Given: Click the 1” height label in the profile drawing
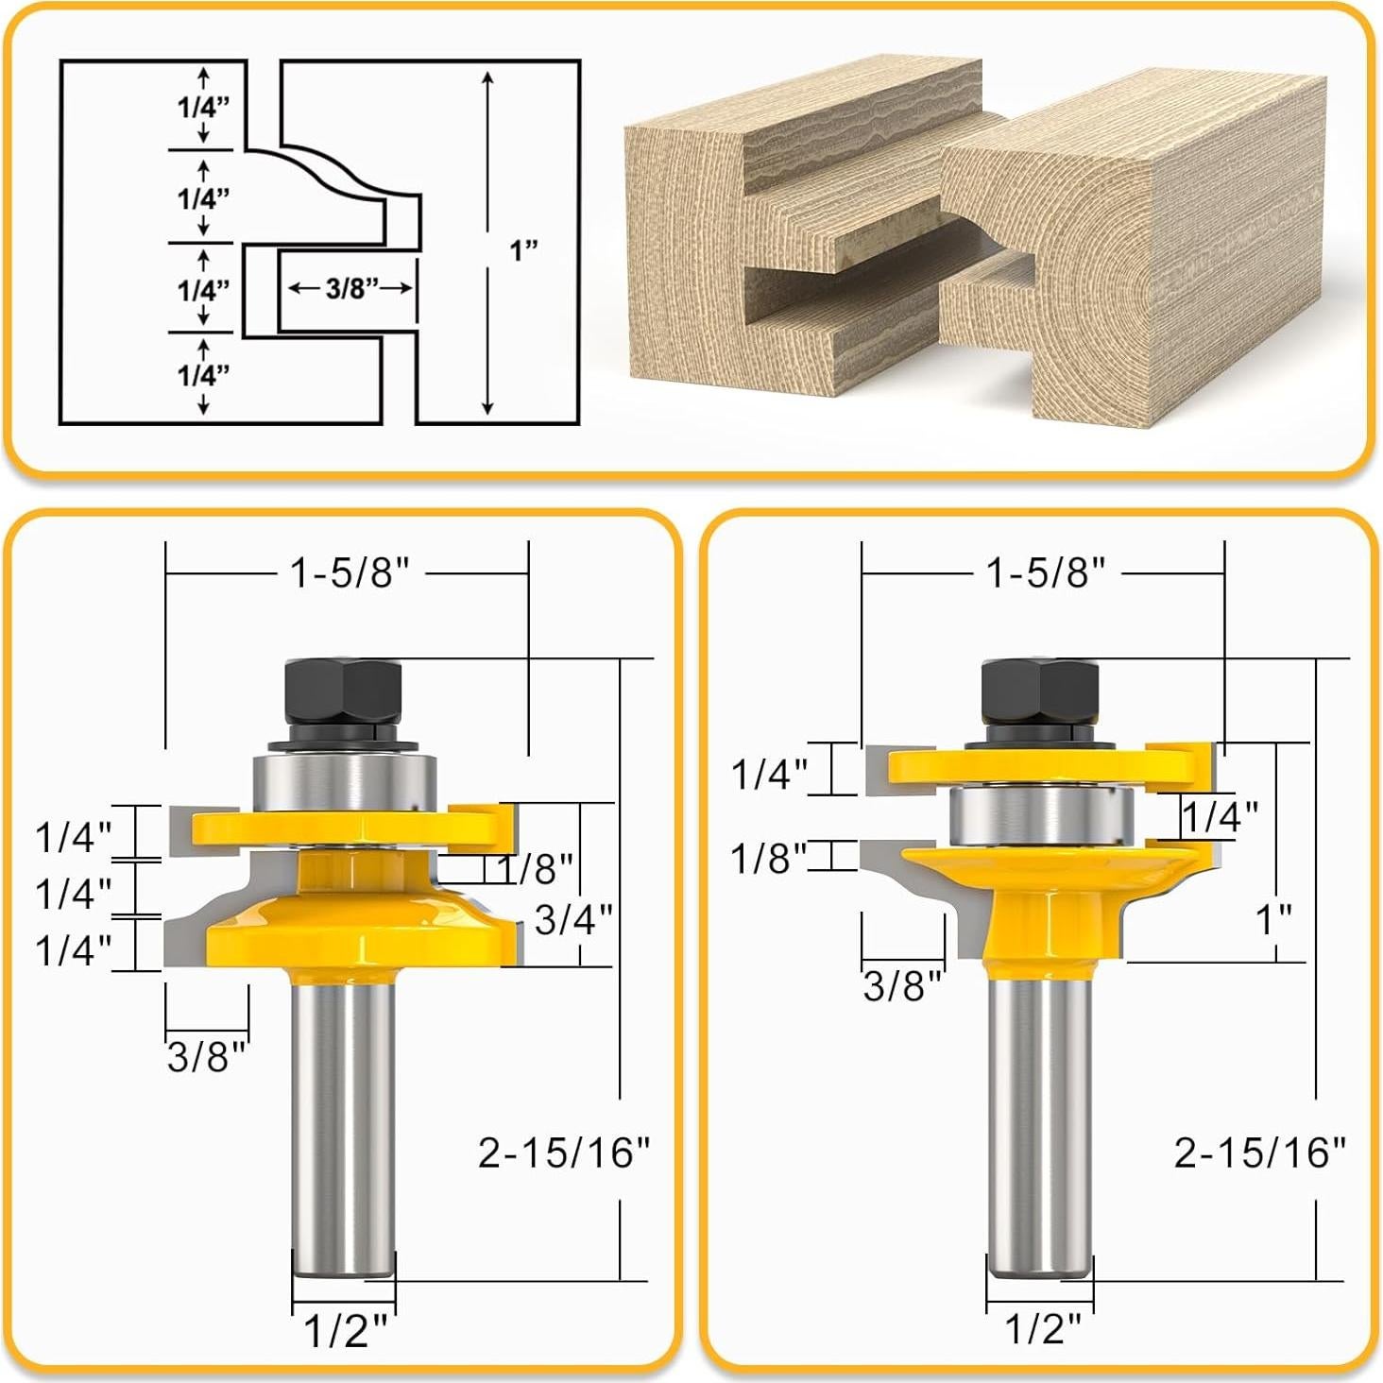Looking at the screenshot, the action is click(x=523, y=250).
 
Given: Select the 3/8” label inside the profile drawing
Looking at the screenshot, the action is click(x=351, y=288).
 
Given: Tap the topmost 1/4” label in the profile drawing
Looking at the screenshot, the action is click(x=204, y=107).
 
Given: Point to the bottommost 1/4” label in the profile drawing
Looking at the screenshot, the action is click(x=204, y=375).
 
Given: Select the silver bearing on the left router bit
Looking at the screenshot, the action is click(x=345, y=781).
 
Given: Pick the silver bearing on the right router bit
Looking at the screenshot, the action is click(x=1041, y=816).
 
